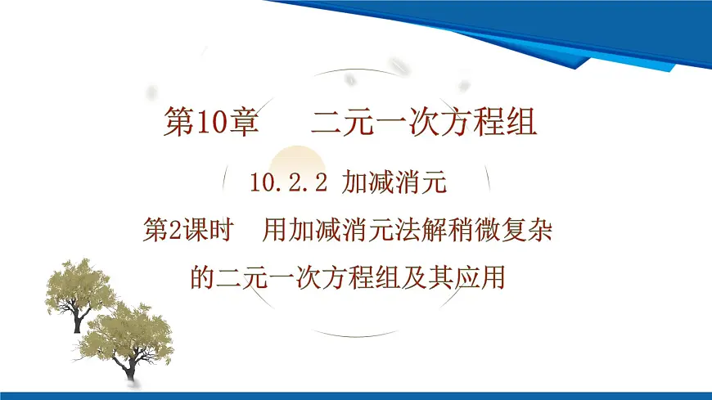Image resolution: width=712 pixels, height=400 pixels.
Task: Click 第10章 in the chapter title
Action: coord(211,124)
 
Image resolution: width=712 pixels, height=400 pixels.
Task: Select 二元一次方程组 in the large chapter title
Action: coord(424,124)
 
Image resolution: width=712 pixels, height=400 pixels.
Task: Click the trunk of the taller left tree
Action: coord(79,319)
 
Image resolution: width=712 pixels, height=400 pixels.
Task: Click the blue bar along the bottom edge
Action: coord(356,395)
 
